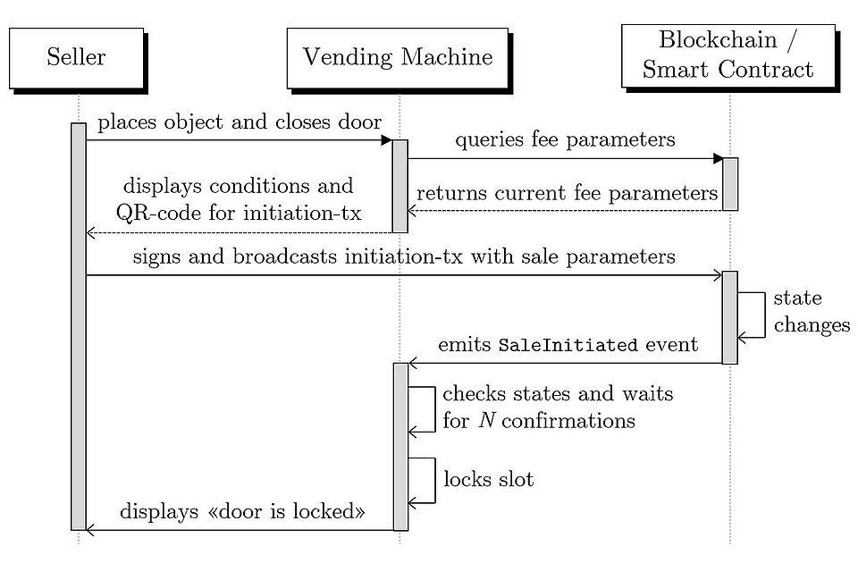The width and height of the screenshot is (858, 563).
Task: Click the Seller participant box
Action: (76, 58)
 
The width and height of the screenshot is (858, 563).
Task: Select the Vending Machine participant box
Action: (398, 58)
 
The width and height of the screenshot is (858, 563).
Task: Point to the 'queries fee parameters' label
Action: (565, 140)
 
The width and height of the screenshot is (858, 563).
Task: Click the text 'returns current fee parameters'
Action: (568, 193)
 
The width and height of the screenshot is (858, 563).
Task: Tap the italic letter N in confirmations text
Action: (486, 420)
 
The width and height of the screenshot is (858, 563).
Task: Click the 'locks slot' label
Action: (489, 479)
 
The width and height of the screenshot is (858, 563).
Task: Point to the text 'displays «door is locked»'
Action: (243, 512)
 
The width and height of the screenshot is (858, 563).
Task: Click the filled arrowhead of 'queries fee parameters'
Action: (717, 159)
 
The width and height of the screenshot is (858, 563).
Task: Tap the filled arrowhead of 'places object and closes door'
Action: (387, 140)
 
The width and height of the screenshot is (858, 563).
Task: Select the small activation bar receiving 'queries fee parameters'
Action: (730, 184)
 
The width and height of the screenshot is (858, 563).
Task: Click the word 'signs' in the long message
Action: (156, 257)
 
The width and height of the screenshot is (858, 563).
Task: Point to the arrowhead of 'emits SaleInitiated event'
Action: (413, 363)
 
